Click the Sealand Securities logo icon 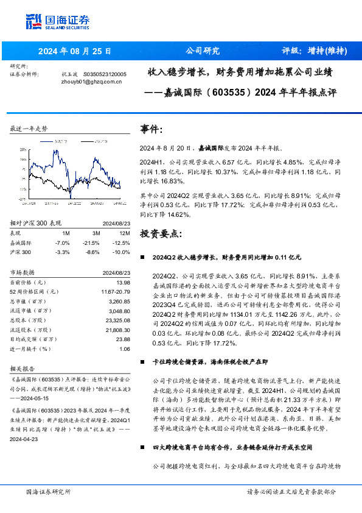(34, 21)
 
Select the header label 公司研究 (202, 51)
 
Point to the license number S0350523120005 (104, 74)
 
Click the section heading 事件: (151, 130)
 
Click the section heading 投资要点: (161, 233)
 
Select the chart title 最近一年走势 (29, 129)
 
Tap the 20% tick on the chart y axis (23, 148)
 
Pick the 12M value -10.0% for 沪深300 (122, 251)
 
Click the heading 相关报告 (25, 369)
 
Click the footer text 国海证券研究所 (48, 491)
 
